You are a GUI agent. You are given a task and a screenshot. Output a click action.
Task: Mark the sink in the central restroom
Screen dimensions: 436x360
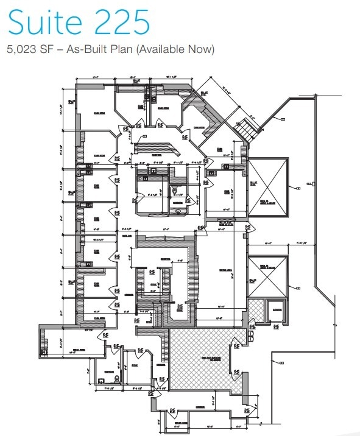178,211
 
